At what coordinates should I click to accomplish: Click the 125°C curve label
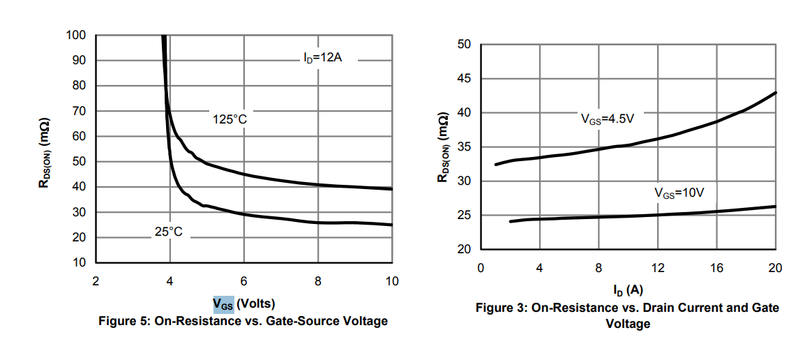pos(230,120)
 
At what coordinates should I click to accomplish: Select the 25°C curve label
pos(168,232)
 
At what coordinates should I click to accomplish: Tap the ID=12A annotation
pos(322,59)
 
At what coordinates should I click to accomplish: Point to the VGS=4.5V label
pos(607,119)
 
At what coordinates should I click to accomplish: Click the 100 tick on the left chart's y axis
pos(76,36)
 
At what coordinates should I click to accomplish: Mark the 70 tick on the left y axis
pos(80,112)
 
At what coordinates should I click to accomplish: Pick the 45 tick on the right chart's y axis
pos(465,79)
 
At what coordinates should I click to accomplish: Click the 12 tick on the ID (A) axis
pos(657,268)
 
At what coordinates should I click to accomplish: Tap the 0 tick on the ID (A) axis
pos(481,268)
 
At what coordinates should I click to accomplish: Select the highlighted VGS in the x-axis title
pos(223,304)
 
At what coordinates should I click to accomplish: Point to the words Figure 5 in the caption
pos(126,321)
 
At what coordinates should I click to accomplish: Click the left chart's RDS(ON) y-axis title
pos(44,149)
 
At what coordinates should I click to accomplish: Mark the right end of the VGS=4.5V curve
pos(776,93)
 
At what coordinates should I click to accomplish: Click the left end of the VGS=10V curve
pos(511,221)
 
